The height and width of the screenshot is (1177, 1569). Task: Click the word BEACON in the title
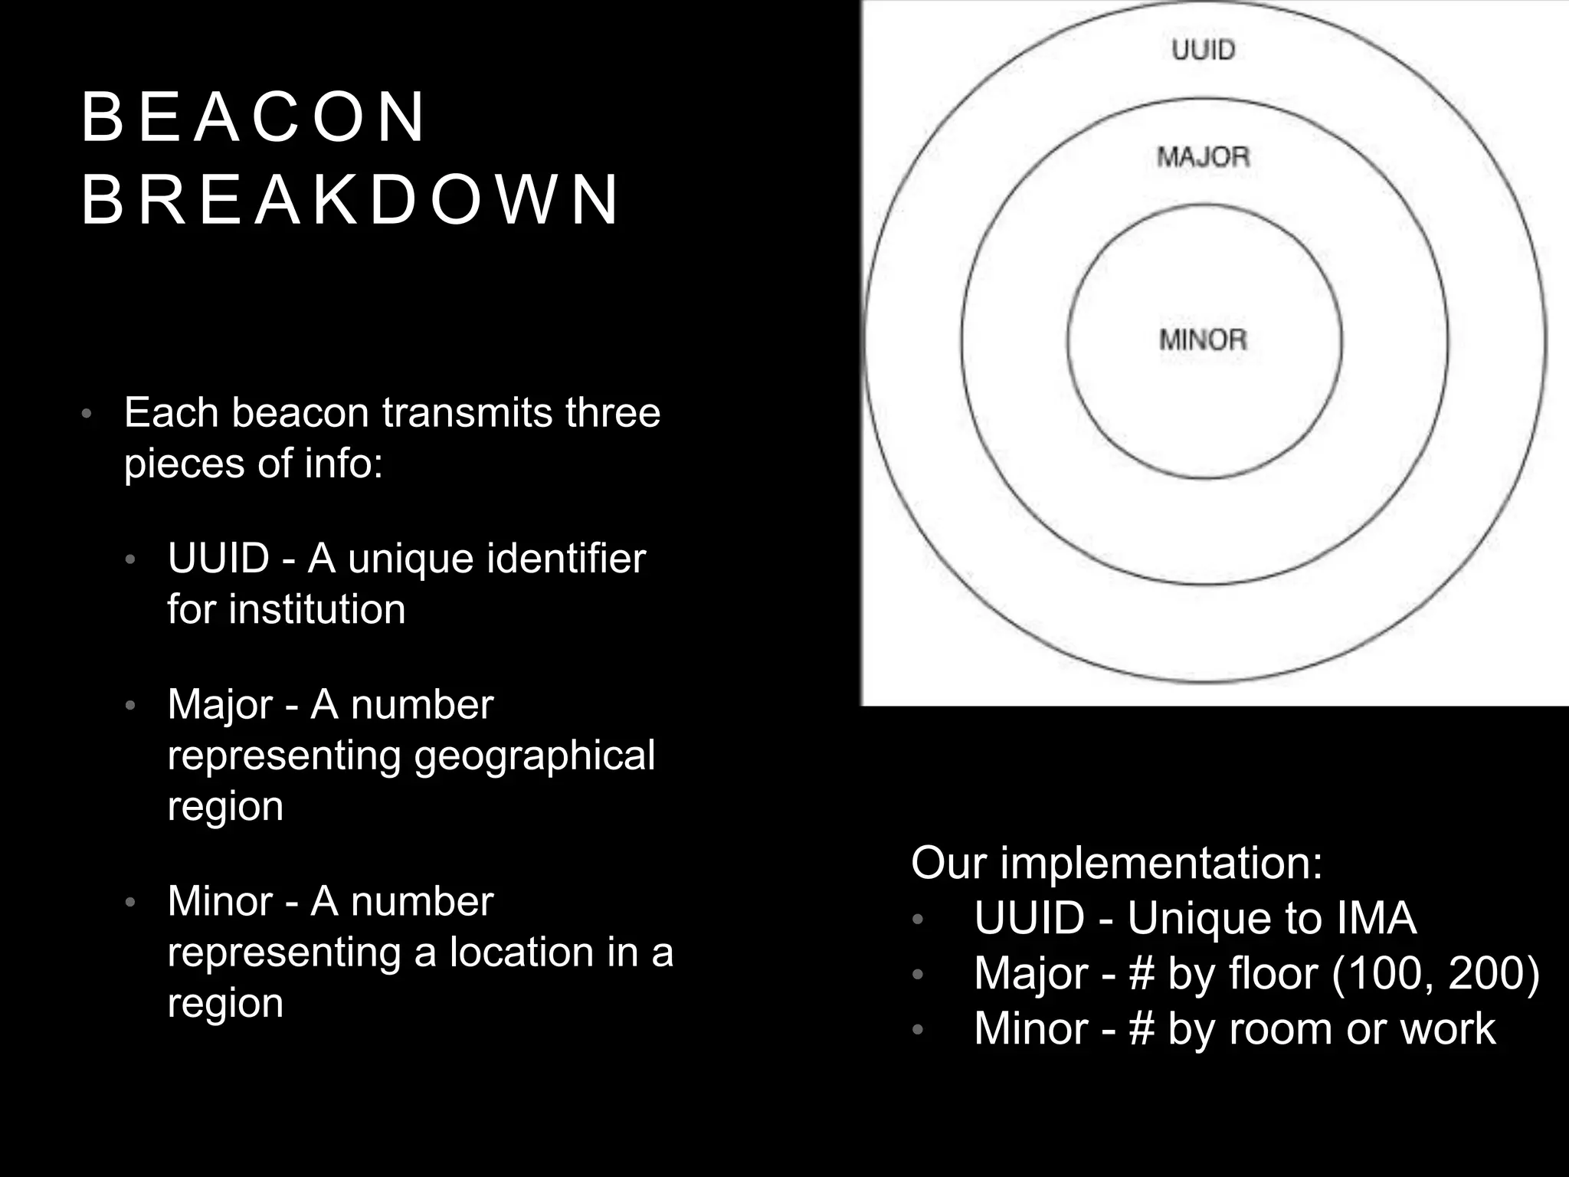pyautogui.click(x=253, y=117)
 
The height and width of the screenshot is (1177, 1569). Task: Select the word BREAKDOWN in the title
pyautogui.click(x=349, y=200)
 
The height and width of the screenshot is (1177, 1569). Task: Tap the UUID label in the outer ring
pyautogui.click(x=1204, y=51)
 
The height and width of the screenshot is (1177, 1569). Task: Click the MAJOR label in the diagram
pyautogui.click(x=1203, y=157)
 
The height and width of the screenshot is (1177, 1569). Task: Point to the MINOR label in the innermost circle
pyautogui.click(x=1203, y=339)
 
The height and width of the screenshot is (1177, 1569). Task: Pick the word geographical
pyautogui.click(x=535, y=756)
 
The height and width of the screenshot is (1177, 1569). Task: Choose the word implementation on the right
pyautogui.click(x=1161, y=864)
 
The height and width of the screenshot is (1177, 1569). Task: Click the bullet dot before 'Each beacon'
pyautogui.click(x=87, y=415)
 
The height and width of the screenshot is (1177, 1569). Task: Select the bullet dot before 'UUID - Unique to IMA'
pyautogui.click(x=918, y=920)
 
